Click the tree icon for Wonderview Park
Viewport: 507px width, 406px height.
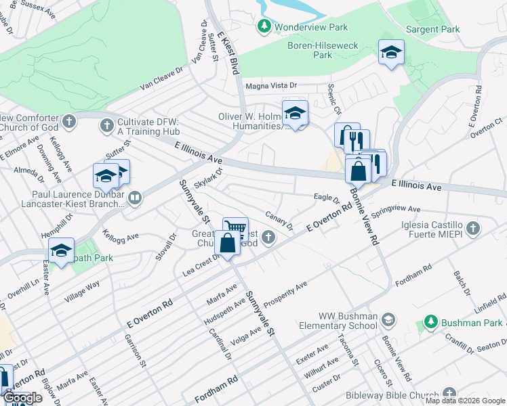264,27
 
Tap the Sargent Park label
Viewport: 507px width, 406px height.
432,29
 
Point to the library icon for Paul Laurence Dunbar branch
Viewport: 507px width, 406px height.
135,198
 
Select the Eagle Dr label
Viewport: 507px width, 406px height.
327,199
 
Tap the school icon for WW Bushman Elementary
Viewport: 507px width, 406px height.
388,318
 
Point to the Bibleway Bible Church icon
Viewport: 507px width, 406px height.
449,394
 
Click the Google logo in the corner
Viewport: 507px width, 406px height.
22,398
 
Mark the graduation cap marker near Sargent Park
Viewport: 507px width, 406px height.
391,53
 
